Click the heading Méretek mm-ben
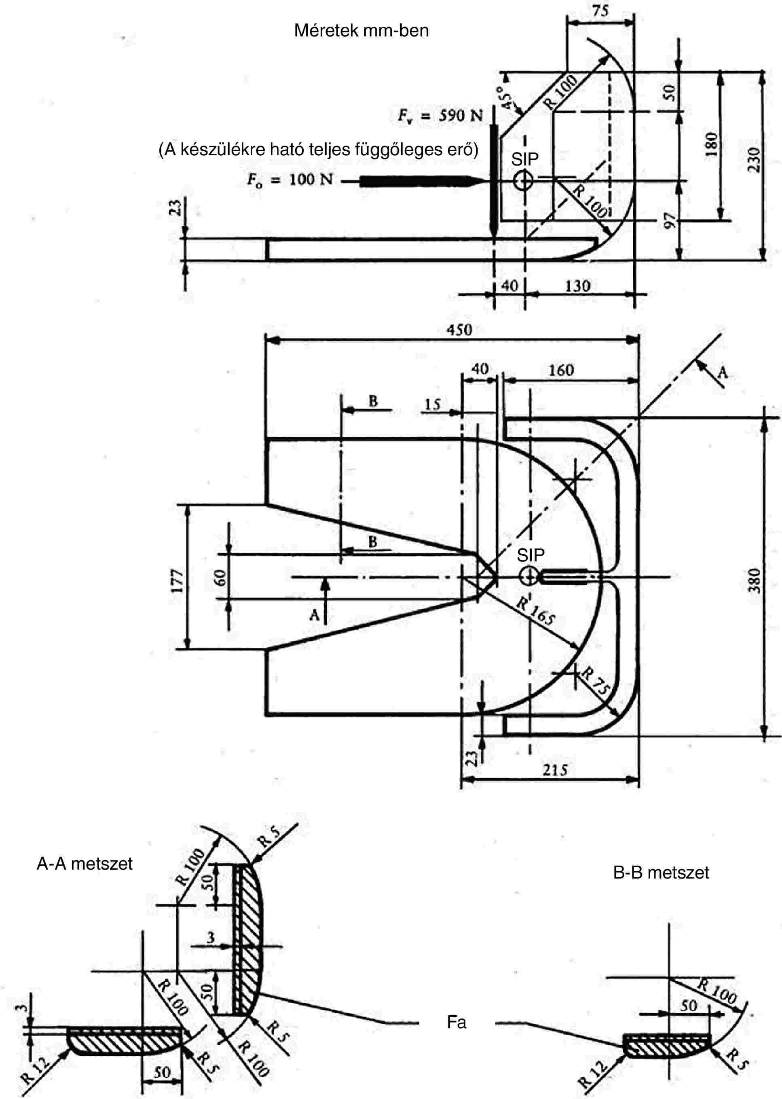(x=361, y=31)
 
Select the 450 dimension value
(x=460, y=330)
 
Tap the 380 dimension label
(x=755, y=580)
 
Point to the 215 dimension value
(x=555, y=770)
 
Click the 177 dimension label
(x=177, y=580)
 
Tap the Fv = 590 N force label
(x=440, y=116)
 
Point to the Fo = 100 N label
(x=290, y=180)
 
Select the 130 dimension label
(x=577, y=286)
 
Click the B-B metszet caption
(x=661, y=872)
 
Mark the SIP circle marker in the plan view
(x=529, y=576)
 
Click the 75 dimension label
(x=600, y=11)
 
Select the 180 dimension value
(x=711, y=144)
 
